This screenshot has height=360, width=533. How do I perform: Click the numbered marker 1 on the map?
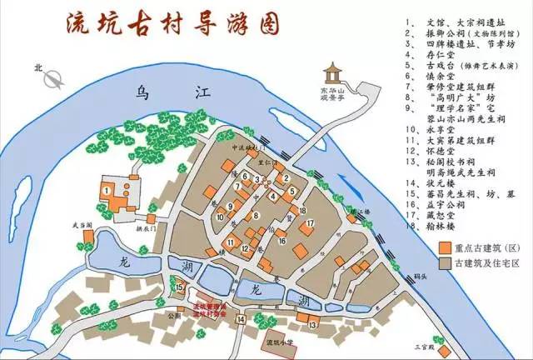coord(107,190)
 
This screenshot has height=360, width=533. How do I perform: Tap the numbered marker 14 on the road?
coord(240,318)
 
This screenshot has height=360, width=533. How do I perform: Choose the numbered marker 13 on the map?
coord(311,324)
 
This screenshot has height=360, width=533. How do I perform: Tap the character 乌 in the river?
coord(144,94)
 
